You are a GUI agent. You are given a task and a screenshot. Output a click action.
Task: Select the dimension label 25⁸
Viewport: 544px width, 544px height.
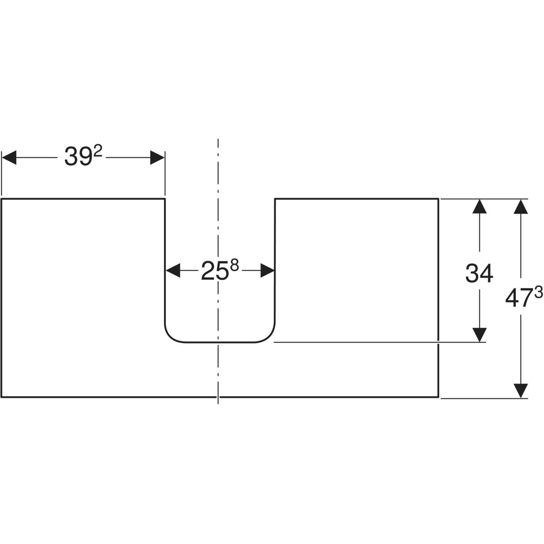219,271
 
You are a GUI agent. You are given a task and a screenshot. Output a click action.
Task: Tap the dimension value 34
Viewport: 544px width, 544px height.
479,274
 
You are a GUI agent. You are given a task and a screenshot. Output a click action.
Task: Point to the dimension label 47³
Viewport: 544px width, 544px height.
524,299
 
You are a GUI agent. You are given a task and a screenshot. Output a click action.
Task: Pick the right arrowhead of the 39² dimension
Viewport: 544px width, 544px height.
157,158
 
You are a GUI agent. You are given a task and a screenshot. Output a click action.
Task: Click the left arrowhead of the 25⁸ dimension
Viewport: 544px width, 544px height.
172,271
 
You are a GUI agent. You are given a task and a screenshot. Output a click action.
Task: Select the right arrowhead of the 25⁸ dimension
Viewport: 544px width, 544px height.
267,271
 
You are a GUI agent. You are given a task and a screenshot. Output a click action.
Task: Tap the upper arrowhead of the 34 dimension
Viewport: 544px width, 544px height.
479,206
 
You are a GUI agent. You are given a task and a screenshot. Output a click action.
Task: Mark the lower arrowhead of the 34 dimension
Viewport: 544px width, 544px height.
479,335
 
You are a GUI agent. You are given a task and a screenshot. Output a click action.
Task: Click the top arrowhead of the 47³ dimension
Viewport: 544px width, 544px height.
521,206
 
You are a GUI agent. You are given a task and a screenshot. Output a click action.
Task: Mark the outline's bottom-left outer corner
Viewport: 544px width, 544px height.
2,397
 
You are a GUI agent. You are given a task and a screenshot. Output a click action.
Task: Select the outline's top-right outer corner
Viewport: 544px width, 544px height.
438,199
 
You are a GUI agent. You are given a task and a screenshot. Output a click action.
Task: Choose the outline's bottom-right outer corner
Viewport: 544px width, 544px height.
438,397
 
